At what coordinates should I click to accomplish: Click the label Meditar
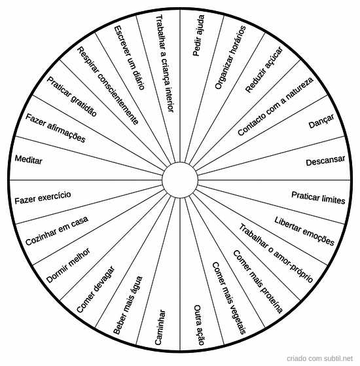click(28, 160)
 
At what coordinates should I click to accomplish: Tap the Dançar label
click(321, 121)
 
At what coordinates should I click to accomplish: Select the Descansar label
click(325, 160)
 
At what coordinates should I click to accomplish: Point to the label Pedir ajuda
click(198, 35)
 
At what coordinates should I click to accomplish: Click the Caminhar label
click(160, 327)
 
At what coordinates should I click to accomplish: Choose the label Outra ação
click(199, 325)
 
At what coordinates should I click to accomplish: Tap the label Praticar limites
click(318, 198)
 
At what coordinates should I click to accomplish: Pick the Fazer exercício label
click(43, 198)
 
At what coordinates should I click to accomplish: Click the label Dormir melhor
click(68, 265)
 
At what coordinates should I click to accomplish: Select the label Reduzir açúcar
click(264, 69)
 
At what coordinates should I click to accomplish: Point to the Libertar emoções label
click(304, 231)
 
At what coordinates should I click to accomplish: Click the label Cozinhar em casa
click(57, 230)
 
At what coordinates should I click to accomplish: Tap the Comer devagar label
click(96, 289)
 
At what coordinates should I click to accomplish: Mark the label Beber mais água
click(128, 305)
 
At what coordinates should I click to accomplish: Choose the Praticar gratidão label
click(71, 96)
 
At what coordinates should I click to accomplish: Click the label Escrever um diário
click(130, 58)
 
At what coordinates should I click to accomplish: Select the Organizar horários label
click(230, 58)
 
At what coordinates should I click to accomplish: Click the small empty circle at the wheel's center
click(180, 180)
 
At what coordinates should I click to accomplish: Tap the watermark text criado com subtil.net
click(319, 358)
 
